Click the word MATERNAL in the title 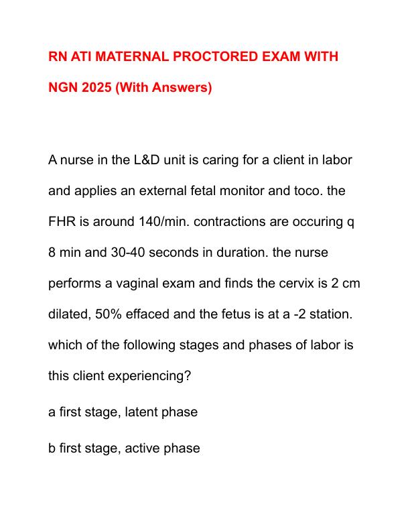(x=125, y=56)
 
